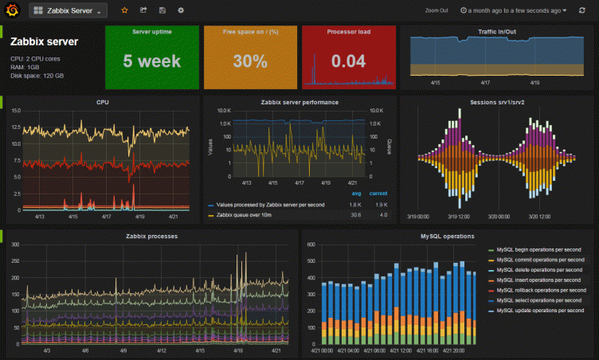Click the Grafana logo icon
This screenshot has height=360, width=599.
12,10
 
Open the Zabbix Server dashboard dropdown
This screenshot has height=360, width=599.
68,10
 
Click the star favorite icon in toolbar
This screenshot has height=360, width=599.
123,10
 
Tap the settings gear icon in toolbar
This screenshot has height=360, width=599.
181,10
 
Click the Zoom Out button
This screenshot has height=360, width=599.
437,11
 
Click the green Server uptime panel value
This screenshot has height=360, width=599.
151,61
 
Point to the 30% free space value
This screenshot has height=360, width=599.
250,61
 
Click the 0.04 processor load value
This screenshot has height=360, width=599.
348,61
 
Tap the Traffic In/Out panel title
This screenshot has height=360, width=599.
497,31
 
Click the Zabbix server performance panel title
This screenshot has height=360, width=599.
299,102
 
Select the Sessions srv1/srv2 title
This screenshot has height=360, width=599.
497,102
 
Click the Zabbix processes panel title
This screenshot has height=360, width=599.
151,237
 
